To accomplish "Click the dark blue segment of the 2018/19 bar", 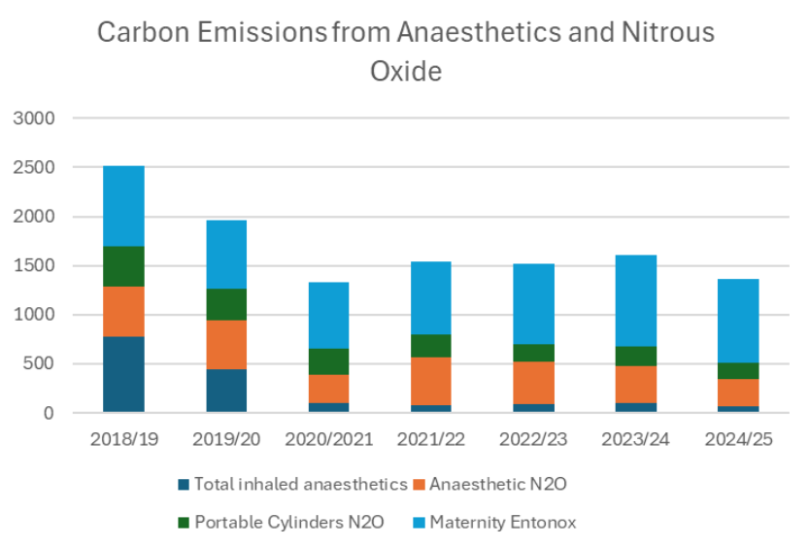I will pos(123,374).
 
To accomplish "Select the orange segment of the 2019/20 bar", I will pos(225,344).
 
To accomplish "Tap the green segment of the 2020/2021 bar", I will pos(328,361).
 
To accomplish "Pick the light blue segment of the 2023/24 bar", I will pos(635,300).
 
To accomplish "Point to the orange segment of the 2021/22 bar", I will pos(430,381).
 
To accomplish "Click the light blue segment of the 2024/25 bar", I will pos(738,321).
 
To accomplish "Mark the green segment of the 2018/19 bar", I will pos(123,266).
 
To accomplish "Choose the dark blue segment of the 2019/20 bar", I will pos(225,391).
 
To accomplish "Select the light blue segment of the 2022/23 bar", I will pos(533,304).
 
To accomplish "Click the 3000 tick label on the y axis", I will pos(35,119).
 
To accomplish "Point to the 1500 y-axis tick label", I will pos(35,266).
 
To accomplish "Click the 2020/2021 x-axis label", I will pos(328,439).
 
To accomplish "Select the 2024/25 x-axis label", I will pos(738,439).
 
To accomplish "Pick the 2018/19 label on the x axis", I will pos(123,439).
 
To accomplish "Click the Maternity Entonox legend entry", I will pos(502,522).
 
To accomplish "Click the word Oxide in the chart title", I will pos(405,71).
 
